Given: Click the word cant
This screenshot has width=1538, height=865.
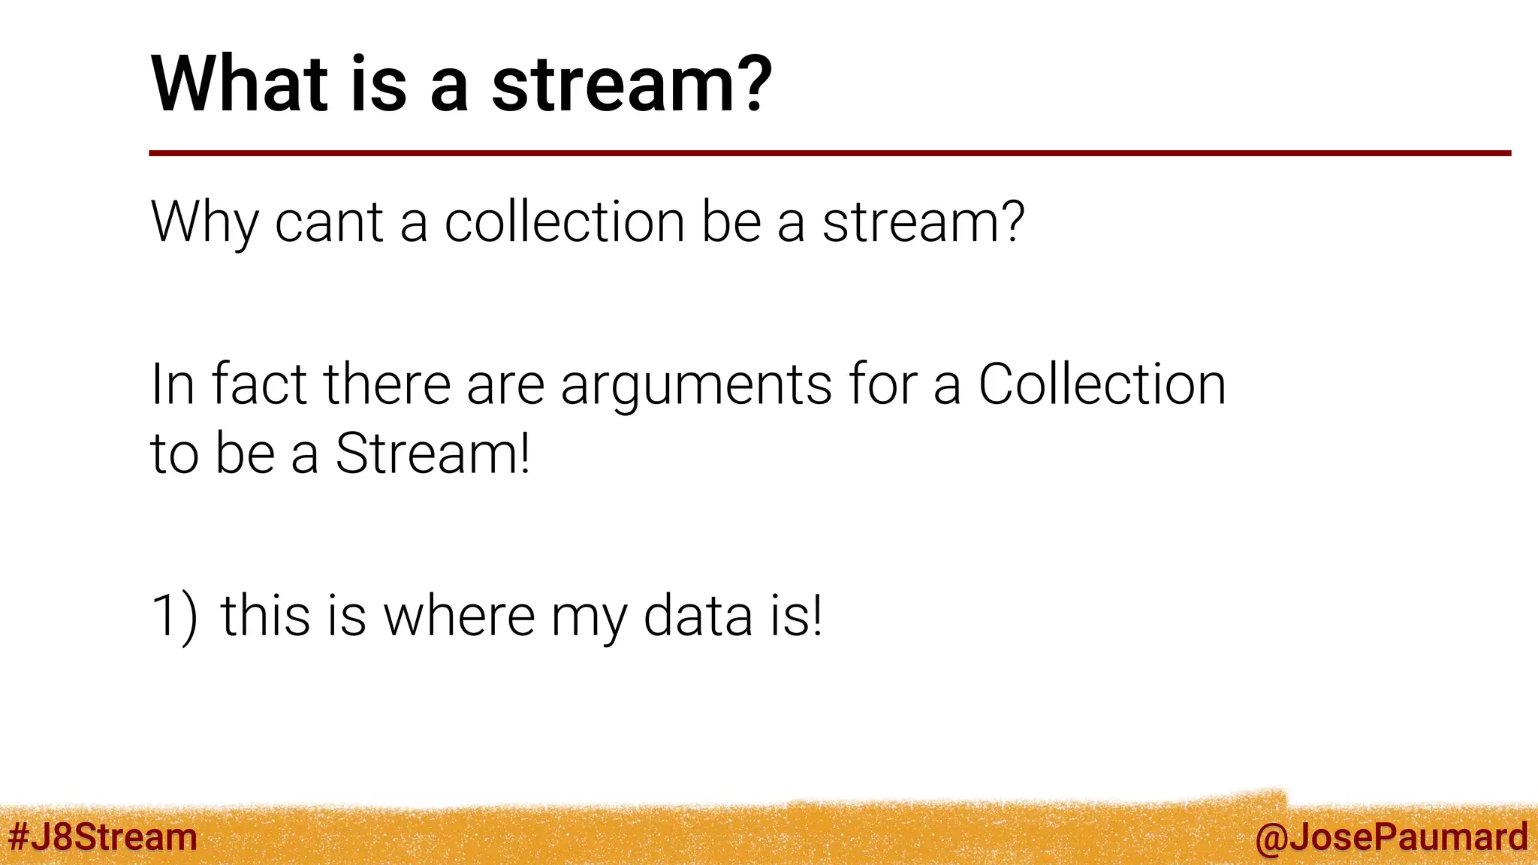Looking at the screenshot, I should pos(329,223).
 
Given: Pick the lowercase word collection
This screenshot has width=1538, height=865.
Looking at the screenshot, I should pos(564,223).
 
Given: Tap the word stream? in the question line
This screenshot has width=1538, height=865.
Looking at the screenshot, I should pos(923,223).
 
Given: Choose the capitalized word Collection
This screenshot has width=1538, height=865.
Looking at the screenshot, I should pos(1102,384).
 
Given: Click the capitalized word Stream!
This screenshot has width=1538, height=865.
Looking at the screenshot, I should pos(433,454).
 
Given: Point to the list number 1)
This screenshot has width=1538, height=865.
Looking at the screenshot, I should pos(174,616).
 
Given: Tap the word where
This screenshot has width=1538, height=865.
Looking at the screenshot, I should pos(459,616).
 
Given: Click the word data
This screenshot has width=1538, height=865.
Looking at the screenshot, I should pos(698,616).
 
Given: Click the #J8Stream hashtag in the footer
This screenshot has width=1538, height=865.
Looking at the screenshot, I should pos(102,837).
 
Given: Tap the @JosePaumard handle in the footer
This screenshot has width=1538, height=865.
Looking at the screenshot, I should pos(1391,837).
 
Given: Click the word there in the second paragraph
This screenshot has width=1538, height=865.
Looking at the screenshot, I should pos(386,384).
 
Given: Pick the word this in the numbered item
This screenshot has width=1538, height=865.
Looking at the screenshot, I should pos(264,616).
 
